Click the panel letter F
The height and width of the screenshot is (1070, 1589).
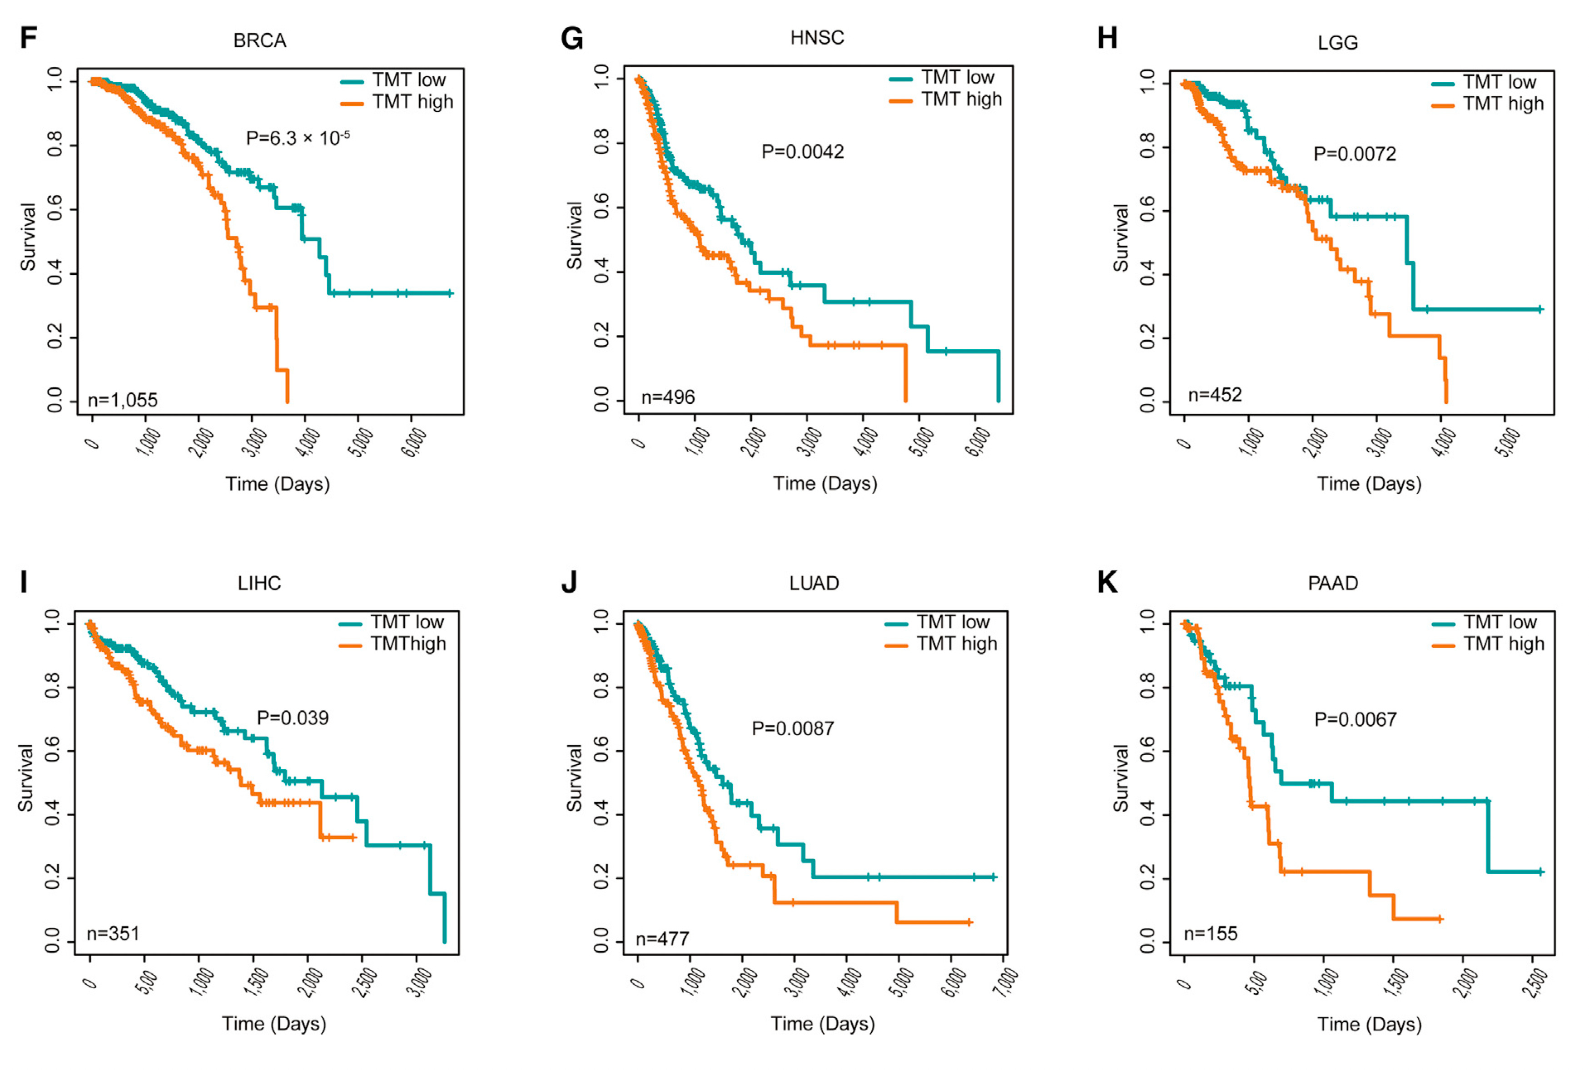pos(28,38)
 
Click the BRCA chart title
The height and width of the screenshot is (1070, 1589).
pos(259,41)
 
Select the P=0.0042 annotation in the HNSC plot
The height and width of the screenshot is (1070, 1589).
pos(803,152)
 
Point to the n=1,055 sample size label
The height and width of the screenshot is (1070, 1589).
pos(123,400)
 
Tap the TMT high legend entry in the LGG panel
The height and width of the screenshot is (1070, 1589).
pos(1502,104)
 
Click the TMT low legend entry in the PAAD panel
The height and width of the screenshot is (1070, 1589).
pos(1500,622)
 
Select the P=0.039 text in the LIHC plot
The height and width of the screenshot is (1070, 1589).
pos(292,718)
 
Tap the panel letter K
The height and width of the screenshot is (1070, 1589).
pos(1107,583)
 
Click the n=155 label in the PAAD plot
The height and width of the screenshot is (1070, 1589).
pos(1210,933)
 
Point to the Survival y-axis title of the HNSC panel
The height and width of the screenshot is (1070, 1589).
pos(575,235)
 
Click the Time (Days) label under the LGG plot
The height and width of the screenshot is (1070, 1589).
pos(1369,484)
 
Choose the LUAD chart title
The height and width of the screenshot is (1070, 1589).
pos(814,584)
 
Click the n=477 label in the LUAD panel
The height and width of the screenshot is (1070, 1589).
pos(662,939)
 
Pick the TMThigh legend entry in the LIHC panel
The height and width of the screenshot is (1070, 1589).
pos(407,644)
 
